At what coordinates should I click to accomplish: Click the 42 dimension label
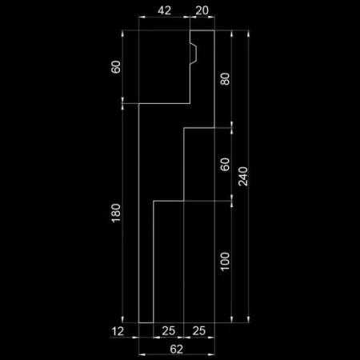tap(164, 10)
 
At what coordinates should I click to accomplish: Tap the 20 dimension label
tap(202, 10)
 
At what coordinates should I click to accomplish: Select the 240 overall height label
tap(243, 176)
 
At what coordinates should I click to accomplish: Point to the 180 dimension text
tap(116, 213)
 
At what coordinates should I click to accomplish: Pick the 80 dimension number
tap(225, 79)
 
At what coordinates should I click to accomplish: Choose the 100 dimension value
tap(225, 262)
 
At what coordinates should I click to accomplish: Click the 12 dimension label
tap(118, 331)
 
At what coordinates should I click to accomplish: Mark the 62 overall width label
tap(177, 349)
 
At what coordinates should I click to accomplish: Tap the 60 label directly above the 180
tap(116, 66)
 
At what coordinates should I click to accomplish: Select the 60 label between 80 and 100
tap(225, 164)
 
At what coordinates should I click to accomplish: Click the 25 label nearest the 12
tap(169, 331)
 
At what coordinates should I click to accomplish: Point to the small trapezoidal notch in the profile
tap(194, 53)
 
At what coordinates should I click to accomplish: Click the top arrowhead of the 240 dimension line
tap(249, 34)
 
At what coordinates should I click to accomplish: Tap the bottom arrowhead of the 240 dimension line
tap(249, 319)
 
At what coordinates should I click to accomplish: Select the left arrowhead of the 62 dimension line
tap(142, 354)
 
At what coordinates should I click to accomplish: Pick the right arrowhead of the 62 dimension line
tap(211, 354)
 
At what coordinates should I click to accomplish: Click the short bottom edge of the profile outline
tap(146, 322)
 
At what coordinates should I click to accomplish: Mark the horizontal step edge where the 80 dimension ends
tap(199, 128)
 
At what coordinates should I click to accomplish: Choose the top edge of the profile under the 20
tap(202, 30)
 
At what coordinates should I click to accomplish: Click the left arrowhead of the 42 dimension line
tap(142, 17)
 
